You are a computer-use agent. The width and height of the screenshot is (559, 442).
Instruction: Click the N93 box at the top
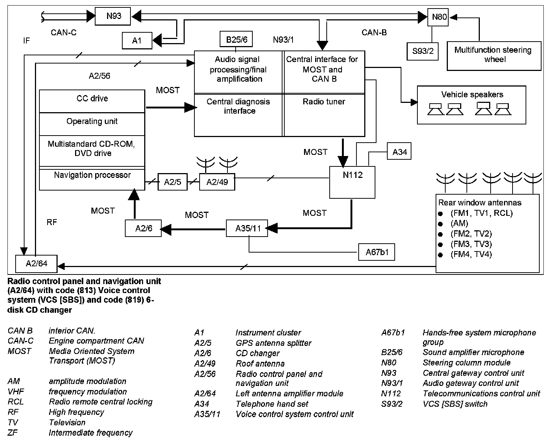pyautogui.click(x=113, y=16)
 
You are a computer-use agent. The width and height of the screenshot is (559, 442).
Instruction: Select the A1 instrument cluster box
pyautogui.click(x=137, y=40)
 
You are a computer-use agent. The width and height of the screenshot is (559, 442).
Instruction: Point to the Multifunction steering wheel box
pyautogui.click(x=493, y=55)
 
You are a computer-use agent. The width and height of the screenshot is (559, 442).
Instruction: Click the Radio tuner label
pyautogui.click(x=324, y=102)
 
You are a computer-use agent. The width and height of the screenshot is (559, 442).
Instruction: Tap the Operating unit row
pyautogui.click(x=92, y=122)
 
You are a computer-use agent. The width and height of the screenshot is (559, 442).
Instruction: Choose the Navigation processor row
pyautogui.click(x=92, y=176)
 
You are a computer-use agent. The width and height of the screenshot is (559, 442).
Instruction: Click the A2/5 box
pyautogui.click(x=172, y=182)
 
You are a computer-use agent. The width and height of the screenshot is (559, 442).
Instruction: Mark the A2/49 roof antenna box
pyautogui.click(x=217, y=182)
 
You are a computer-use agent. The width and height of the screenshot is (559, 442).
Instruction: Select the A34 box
pyautogui.click(x=399, y=152)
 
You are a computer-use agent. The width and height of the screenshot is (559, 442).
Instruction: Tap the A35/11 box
pyautogui.click(x=248, y=228)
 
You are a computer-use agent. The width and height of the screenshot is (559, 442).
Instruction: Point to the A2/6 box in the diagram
pyautogui.click(x=143, y=228)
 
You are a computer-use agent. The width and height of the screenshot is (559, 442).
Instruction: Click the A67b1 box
pyautogui.click(x=377, y=253)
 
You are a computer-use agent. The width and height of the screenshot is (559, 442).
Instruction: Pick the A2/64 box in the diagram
pyautogui.click(x=36, y=264)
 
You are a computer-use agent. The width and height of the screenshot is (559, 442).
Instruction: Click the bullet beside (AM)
pyautogui.click(x=441, y=224)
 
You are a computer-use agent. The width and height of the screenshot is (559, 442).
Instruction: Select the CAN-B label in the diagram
pyautogui.click(x=374, y=33)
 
